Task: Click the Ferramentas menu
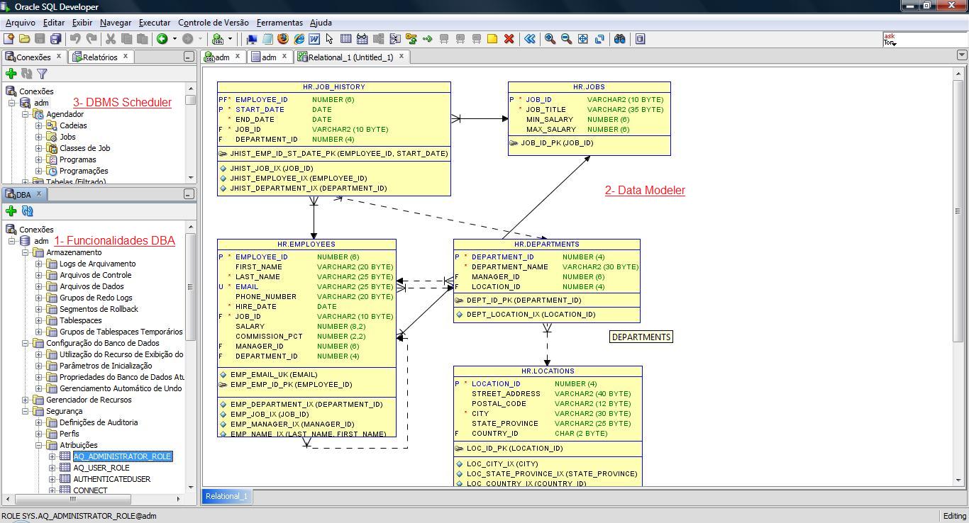pos(279,23)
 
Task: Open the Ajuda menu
pos(321,23)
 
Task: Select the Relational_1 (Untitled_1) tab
pos(350,57)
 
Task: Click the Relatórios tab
pos(100,57)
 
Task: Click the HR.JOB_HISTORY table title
pos(333,87)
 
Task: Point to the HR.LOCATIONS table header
pos(548,371)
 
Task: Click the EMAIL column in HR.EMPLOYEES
pos(247,287)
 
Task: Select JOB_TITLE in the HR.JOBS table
pos(546,110)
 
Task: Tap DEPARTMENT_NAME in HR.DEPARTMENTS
pos(509,267)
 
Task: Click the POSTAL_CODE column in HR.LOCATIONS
pos(499,404)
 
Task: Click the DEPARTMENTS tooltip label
pos(641,337)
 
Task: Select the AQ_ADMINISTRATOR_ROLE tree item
pos(122,456)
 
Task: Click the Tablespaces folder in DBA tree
pos(80,320)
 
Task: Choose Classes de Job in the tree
pos(84,148)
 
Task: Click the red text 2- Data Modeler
pos(645,190)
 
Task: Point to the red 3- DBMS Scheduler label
pos(122,103)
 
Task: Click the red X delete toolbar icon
pos(509,39)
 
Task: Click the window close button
pos(951,6)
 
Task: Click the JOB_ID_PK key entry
pos(557,143)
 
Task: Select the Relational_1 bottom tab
pos(226,496)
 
